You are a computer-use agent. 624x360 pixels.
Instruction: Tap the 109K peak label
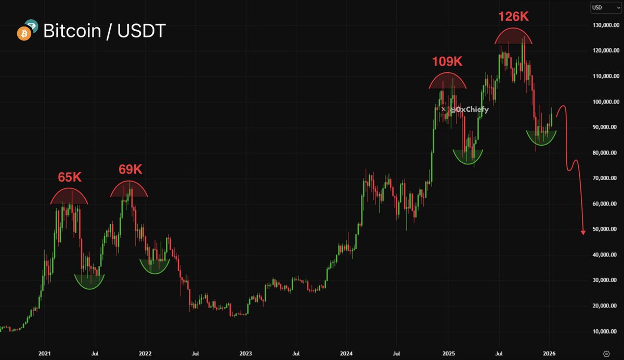[447, 62]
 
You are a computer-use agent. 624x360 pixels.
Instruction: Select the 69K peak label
[130, 170]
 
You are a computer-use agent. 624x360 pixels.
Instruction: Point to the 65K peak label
[70, 177]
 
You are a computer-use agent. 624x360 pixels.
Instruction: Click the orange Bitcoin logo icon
[22, 34]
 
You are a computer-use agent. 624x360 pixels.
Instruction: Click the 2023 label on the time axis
[245, 353]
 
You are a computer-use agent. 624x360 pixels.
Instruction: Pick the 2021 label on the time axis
[45, 353]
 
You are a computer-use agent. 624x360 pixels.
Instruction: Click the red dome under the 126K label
[514, 37]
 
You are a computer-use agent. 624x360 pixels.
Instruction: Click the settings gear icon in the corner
[606, 353]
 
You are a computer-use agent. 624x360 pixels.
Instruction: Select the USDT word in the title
[141, 31]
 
